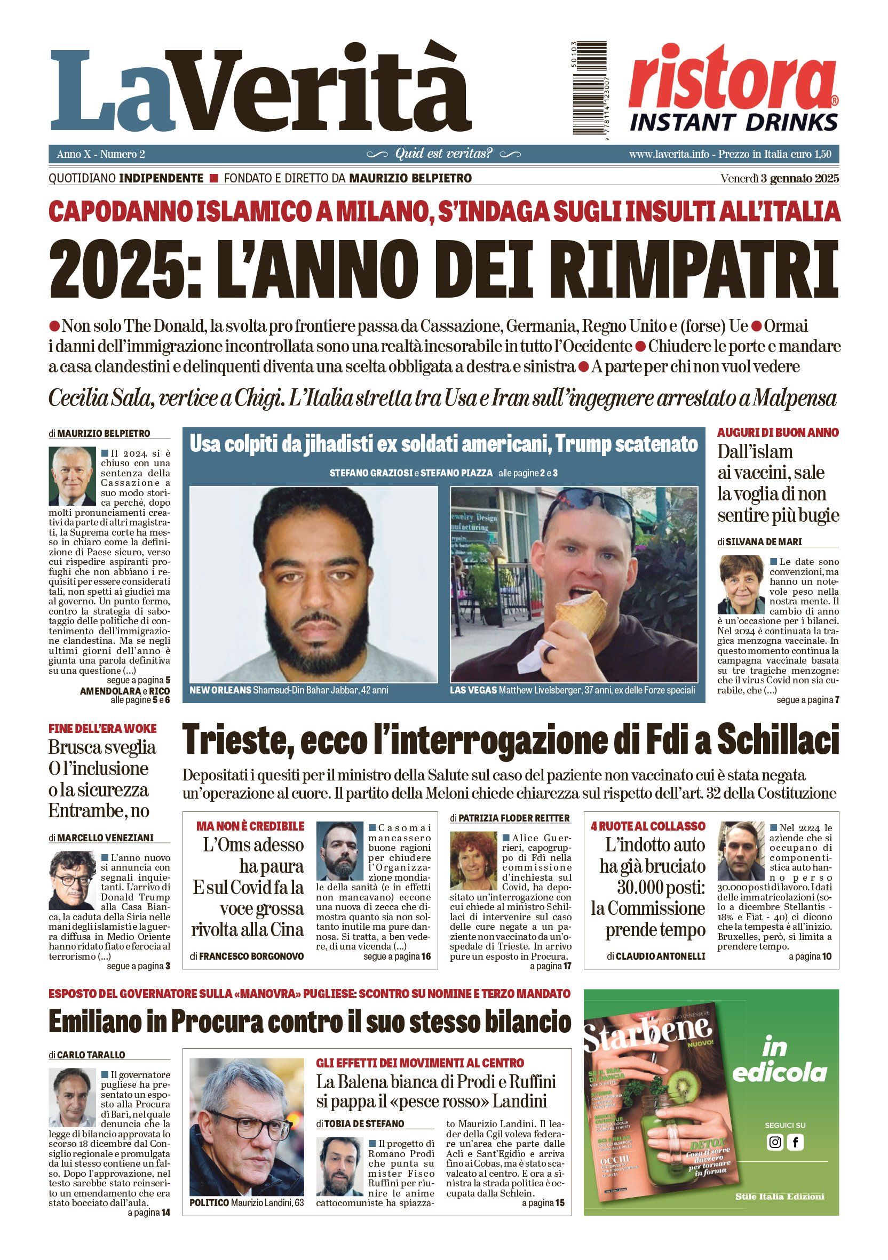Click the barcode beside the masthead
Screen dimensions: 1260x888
tap(590, 87)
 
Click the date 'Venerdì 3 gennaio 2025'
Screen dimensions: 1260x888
tap(779, 178)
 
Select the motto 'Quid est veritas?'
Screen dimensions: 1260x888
tap(443, 154)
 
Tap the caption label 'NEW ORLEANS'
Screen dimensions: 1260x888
tap(220, 690)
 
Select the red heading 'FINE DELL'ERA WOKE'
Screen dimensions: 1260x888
tap(102, 729)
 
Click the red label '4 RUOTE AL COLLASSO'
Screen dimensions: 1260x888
tap(648, 826)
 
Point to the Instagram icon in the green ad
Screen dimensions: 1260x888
tap(775, 1143)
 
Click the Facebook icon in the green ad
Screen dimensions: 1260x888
tap(795, 1143)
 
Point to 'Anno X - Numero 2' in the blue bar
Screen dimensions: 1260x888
tap(100, 154)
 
